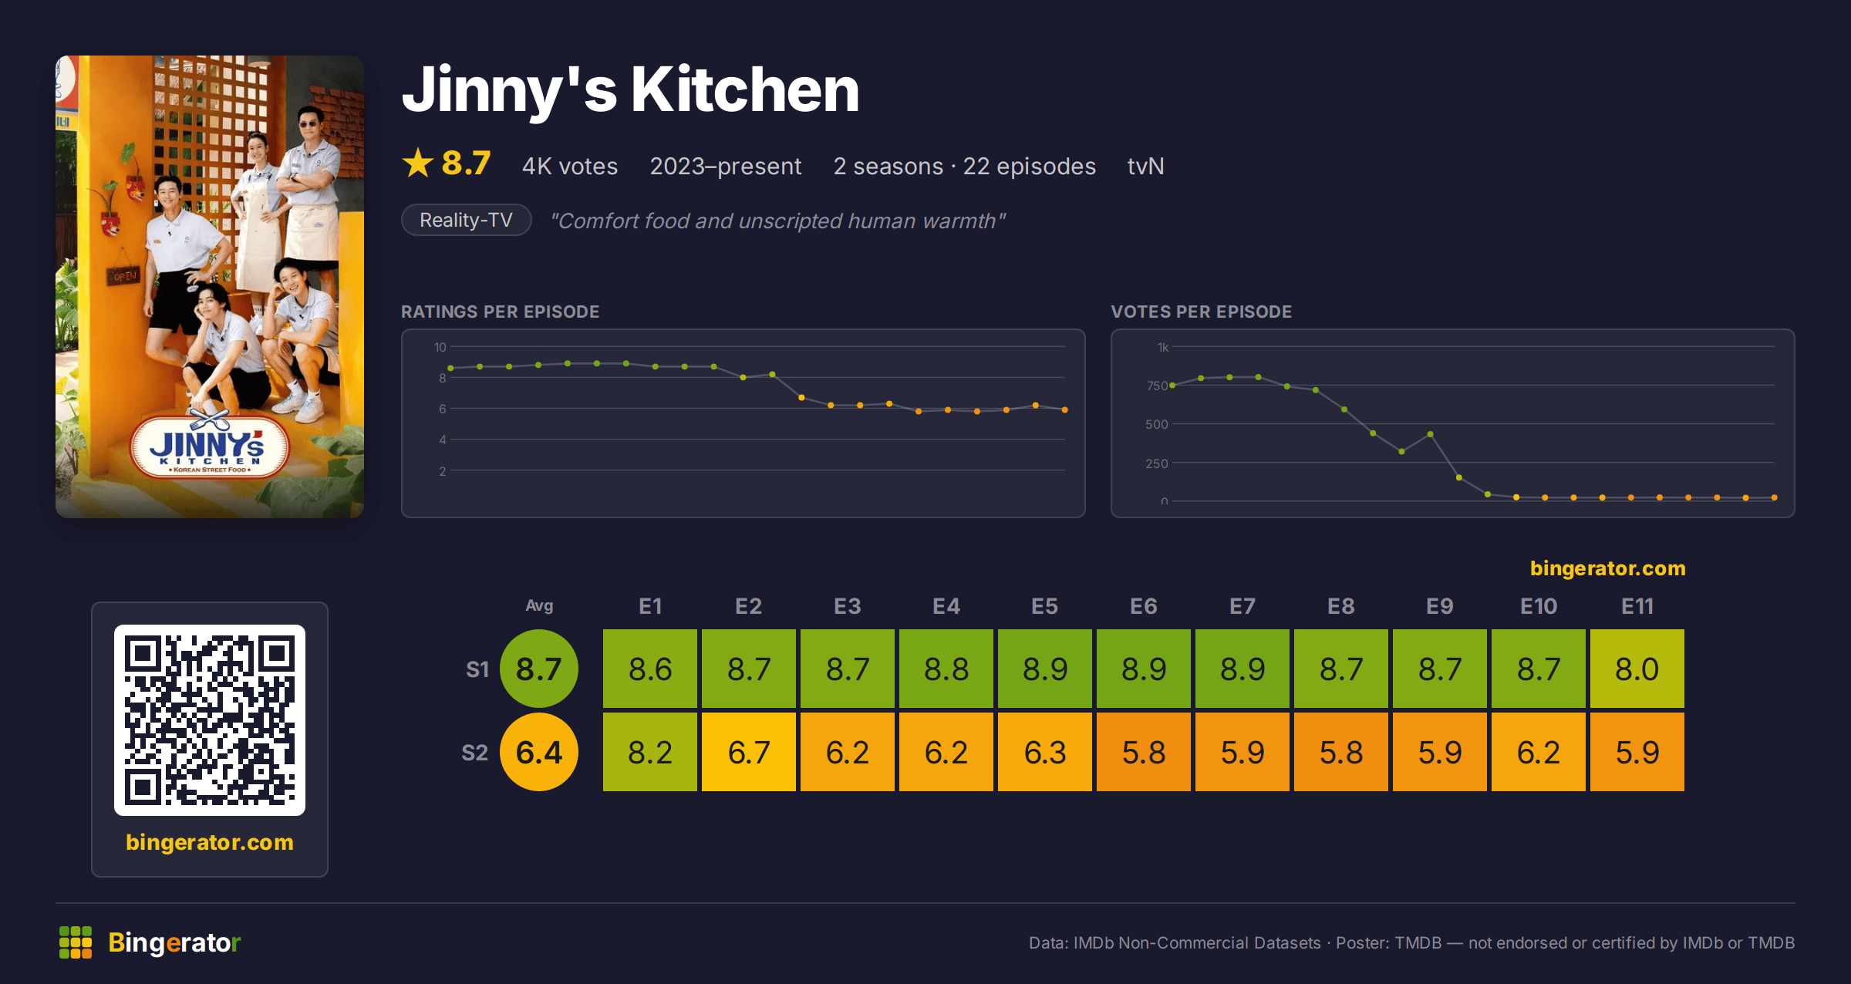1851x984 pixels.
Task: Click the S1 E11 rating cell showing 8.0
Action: [x=1637, y=669]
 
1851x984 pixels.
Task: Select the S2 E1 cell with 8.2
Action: [x=650, y=752]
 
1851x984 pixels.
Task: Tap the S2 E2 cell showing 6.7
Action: [x=749, y=752]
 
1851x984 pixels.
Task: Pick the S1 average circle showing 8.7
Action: [x=539, y=669]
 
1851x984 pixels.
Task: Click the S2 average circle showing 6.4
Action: [x=539, y=752]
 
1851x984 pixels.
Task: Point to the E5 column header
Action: [x=1045, y=606]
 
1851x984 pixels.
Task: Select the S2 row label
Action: [x=475, y=753]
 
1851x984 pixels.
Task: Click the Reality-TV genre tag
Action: [x=467, y=221]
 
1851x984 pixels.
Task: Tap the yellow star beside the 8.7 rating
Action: [x=418, y=163]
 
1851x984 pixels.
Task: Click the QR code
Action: [x=210, y=720]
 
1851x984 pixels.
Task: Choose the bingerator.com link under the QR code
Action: [x=210, y=842]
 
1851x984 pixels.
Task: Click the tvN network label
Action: [x=1145, y=167]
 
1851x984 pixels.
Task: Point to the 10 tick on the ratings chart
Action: [x=440, y=347]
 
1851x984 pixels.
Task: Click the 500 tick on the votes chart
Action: [x=1156, y=424]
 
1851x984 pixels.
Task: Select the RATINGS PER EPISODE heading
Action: [x=501, y=312]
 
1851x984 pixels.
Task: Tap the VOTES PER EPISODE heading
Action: [x=1202, y=312]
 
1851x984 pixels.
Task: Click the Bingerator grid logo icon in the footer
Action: [x=76, y=942]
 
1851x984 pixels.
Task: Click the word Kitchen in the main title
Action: [x=745, y=89]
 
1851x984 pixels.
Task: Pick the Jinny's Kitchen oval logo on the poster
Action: [x=209, y=447]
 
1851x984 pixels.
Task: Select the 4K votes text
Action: [x=570, y=167]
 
